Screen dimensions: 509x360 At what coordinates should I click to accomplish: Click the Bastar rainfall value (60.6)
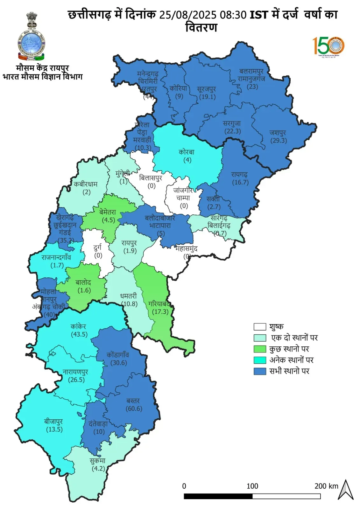[134, 408]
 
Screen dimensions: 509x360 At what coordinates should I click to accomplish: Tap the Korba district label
[187, 152]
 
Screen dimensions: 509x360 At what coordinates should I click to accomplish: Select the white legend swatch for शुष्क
[260, 327]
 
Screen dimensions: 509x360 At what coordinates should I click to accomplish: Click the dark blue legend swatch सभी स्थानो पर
[260, 371]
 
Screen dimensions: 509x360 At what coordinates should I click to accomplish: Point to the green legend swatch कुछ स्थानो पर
[260, 349]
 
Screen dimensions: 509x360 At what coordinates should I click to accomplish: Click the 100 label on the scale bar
[252, 486]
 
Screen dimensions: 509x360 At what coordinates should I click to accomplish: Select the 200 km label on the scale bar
[326, 486]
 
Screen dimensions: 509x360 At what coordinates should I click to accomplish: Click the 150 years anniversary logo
[328, 46]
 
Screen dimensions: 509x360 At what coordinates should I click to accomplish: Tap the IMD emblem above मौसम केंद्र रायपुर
[31, 37]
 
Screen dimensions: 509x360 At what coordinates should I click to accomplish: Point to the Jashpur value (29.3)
[279, 140]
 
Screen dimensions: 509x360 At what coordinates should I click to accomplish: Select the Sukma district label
[97, 461]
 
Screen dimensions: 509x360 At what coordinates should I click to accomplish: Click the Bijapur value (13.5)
[54, 429]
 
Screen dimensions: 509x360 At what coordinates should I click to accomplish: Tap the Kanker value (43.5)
[79, 334]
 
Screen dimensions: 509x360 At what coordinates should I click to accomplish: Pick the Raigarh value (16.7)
[240, 182]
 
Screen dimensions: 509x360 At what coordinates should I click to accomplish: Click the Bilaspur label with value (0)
[151, 182]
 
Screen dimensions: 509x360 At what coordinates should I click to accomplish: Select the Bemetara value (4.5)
[108, 220]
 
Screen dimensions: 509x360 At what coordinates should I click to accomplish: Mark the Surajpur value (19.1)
[207, 97]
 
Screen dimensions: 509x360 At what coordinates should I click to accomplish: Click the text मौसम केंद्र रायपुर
[42, 68]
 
